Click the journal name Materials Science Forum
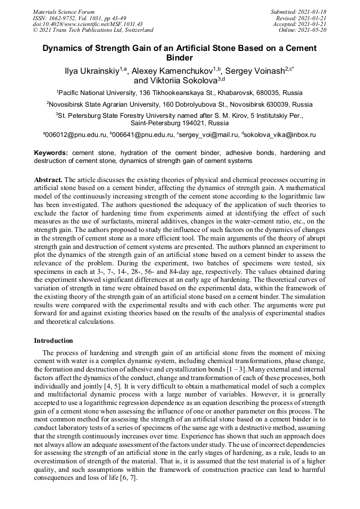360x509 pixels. [x=64, y=12]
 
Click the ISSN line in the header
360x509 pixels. [x=80, y=18]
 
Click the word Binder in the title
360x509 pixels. [x=179, y=57]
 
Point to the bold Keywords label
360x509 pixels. [x=51, y=153]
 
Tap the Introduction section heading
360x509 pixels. [x=54, y=340]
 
